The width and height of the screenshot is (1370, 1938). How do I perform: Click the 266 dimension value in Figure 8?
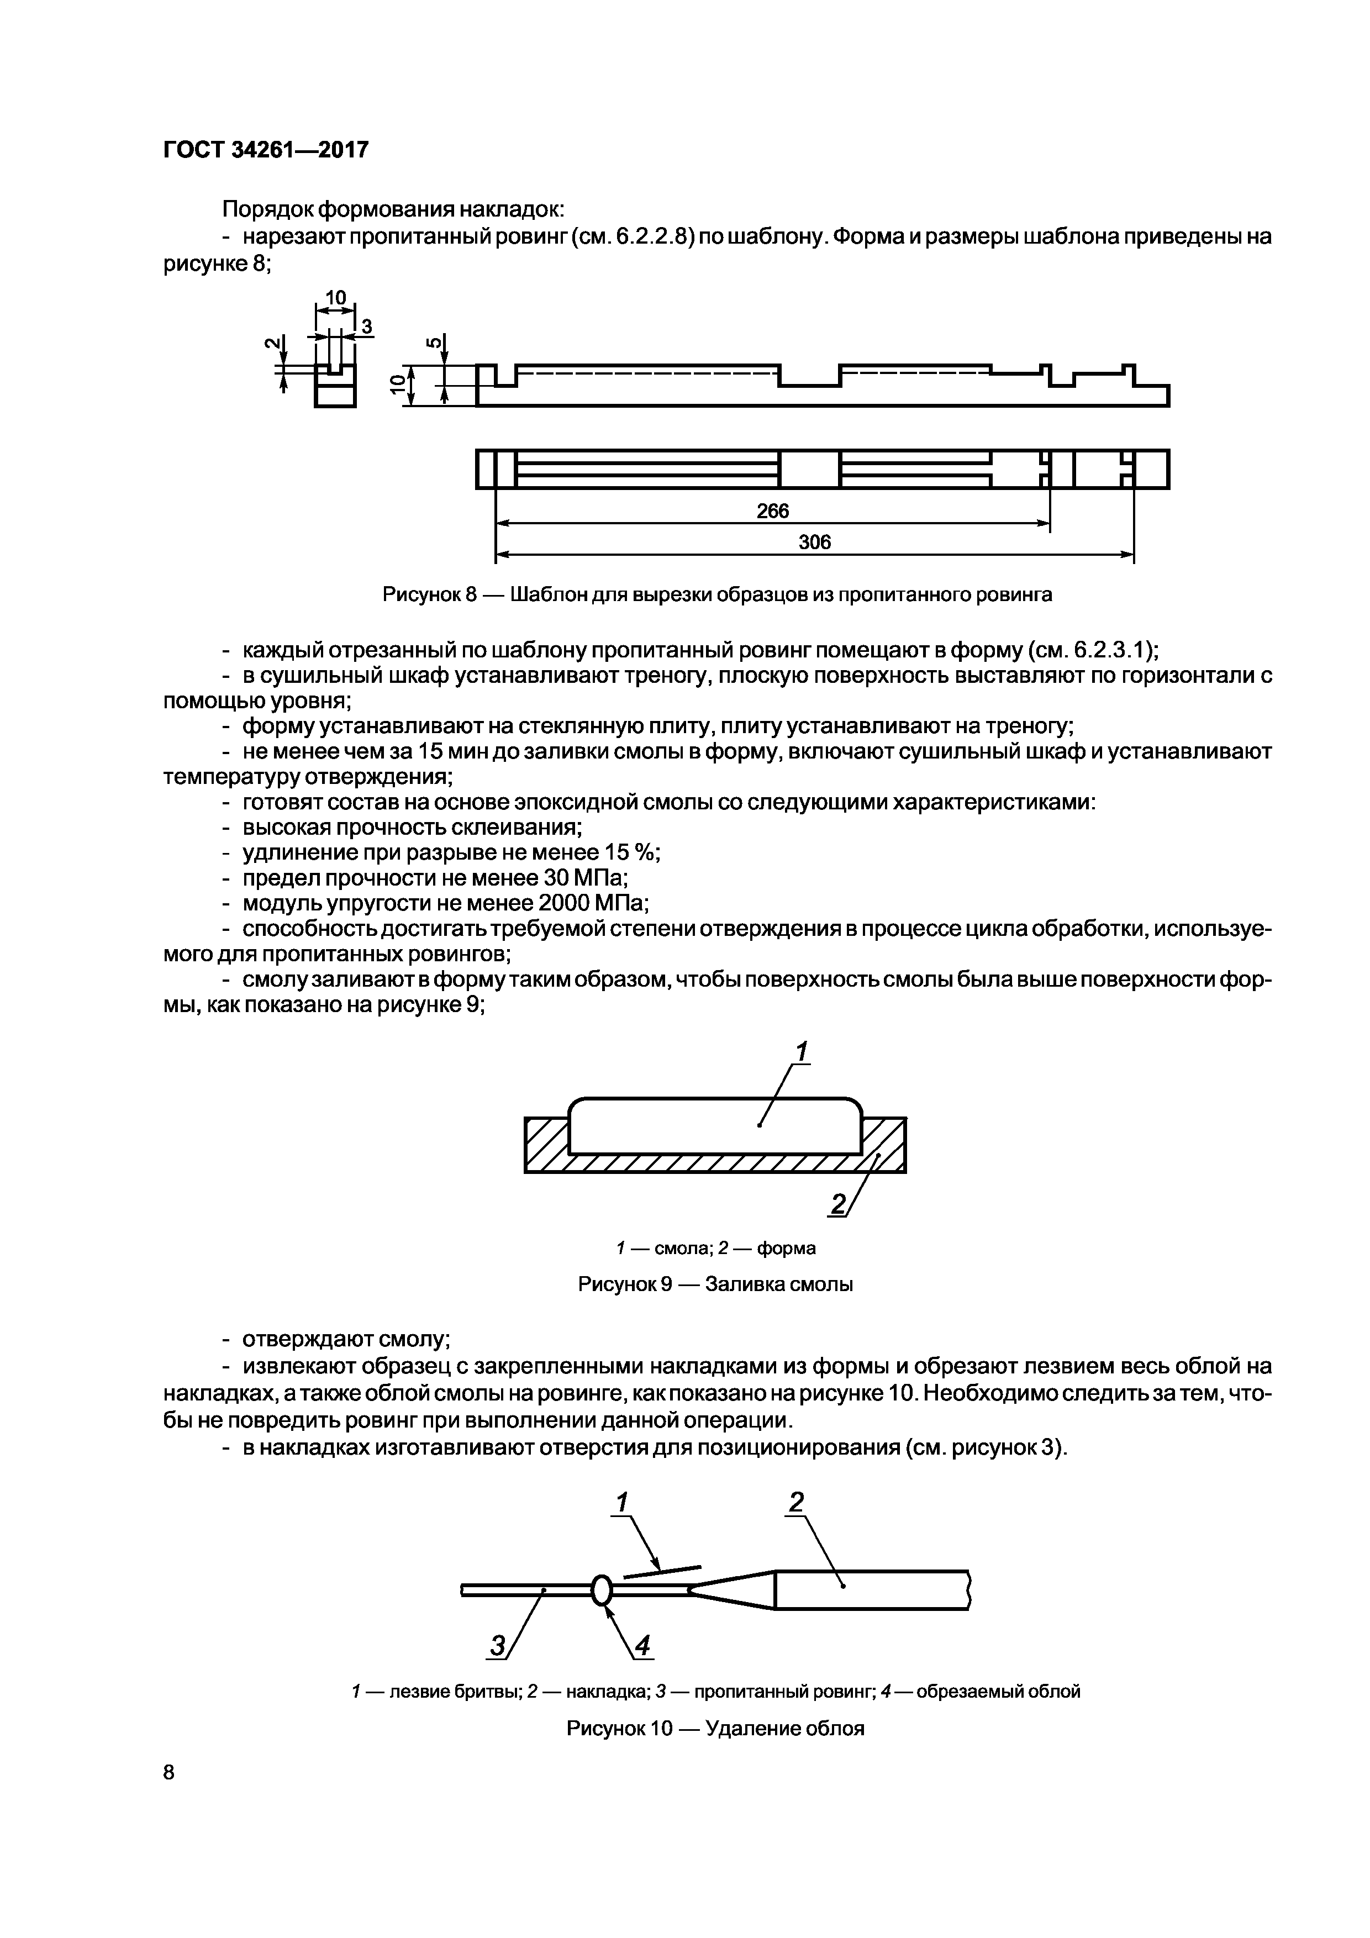click(772, 512)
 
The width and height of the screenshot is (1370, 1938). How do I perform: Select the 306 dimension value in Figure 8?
click(815, 542)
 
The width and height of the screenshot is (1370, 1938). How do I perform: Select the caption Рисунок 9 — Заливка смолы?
click(715, 1284)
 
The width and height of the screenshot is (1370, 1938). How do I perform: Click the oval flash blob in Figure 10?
click(601, 1591)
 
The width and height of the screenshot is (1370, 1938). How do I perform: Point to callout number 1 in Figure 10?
click(621, 1503)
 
